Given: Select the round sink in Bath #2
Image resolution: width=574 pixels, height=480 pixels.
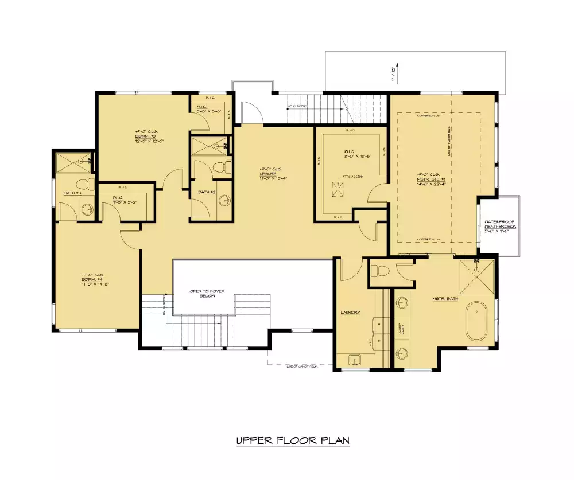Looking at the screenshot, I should point(224,201).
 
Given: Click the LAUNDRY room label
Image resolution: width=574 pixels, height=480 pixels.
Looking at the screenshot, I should point(350,313).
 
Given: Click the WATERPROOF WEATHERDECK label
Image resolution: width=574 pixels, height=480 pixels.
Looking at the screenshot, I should point(500,224).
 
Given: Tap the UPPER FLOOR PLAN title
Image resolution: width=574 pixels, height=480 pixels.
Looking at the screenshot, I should point(293,440).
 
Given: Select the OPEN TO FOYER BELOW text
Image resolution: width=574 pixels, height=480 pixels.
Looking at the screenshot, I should point(207,294).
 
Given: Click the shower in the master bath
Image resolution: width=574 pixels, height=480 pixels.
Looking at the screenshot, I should point(476,277).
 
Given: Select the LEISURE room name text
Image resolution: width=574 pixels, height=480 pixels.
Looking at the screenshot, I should point(268,174).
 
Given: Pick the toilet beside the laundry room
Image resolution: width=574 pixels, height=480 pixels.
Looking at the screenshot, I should point(382,270).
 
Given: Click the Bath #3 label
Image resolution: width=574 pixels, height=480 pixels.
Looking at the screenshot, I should point(72,193).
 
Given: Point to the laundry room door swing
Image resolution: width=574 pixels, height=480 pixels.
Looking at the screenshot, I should point(350,269).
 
